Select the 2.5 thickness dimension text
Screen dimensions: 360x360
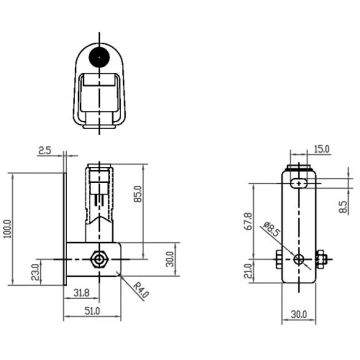[44, 151]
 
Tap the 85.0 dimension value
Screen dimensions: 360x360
[139, 194]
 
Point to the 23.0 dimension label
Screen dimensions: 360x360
[35, 272]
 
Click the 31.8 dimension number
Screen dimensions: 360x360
[81, 293]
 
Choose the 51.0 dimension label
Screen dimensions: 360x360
[92, 311]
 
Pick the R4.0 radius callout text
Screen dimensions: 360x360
[140, 289]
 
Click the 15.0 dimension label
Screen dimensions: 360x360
[322, 149]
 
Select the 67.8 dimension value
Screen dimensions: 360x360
[248, 221]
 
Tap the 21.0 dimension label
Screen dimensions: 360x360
[248, 271]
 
